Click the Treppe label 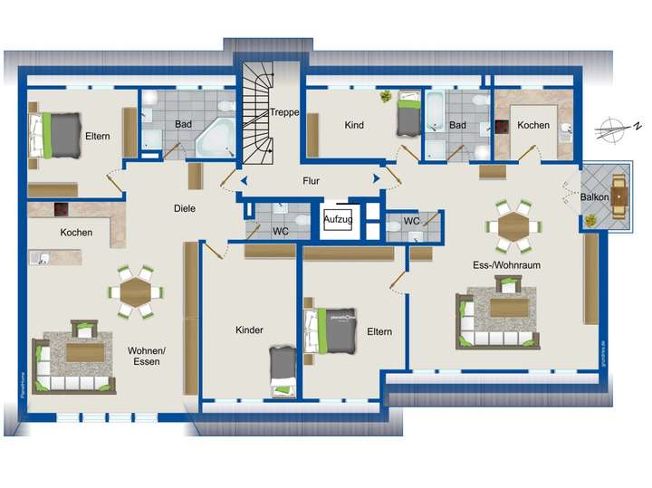coord(283,113)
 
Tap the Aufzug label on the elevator coord(337,221)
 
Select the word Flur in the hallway coord(311,180)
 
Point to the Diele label coord(185,208)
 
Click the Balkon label coord(594,196)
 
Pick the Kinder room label coord(248,330)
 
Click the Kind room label coord(354,125)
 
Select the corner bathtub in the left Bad coord(216,138)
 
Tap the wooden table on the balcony coord(619,198)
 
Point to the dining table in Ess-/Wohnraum coord(513,225)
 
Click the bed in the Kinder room coord(283,368)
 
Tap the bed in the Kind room coord(409,115)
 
